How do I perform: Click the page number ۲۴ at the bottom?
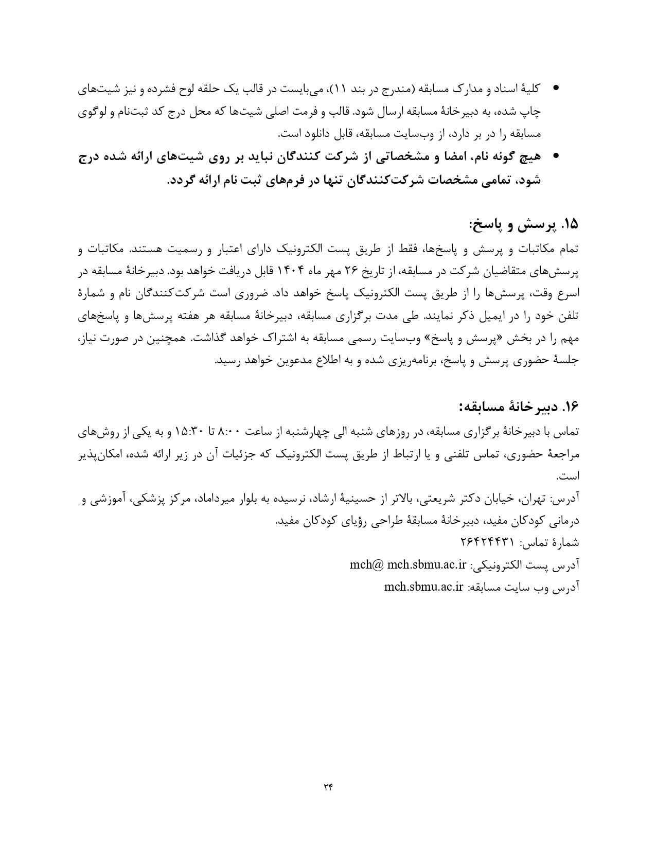328,786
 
